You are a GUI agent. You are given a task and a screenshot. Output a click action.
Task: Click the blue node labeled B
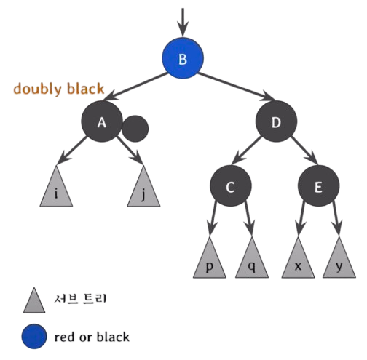coord(183,58)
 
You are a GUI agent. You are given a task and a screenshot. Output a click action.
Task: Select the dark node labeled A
coord(102,121)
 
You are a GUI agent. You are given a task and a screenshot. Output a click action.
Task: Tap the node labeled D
coord(276,121)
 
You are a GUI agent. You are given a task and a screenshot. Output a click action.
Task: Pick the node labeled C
coord(231,186)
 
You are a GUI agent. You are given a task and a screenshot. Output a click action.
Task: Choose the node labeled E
coord(318,186)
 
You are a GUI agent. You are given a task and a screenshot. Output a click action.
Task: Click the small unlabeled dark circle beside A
coord(135,129)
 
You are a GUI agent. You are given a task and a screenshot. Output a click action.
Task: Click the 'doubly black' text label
coord(59,89)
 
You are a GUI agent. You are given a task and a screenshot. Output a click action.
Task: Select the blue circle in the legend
coord(34,337)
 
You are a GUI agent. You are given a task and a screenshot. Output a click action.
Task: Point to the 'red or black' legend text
coord(92,337)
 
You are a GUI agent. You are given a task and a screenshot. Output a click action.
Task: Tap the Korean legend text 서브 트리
coord(80,298)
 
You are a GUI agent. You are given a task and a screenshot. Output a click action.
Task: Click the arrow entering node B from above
coord(183,23)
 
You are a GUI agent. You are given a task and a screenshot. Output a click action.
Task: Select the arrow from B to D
coord(237,87)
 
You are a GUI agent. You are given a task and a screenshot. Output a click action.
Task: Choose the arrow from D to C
coord(246,151)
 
